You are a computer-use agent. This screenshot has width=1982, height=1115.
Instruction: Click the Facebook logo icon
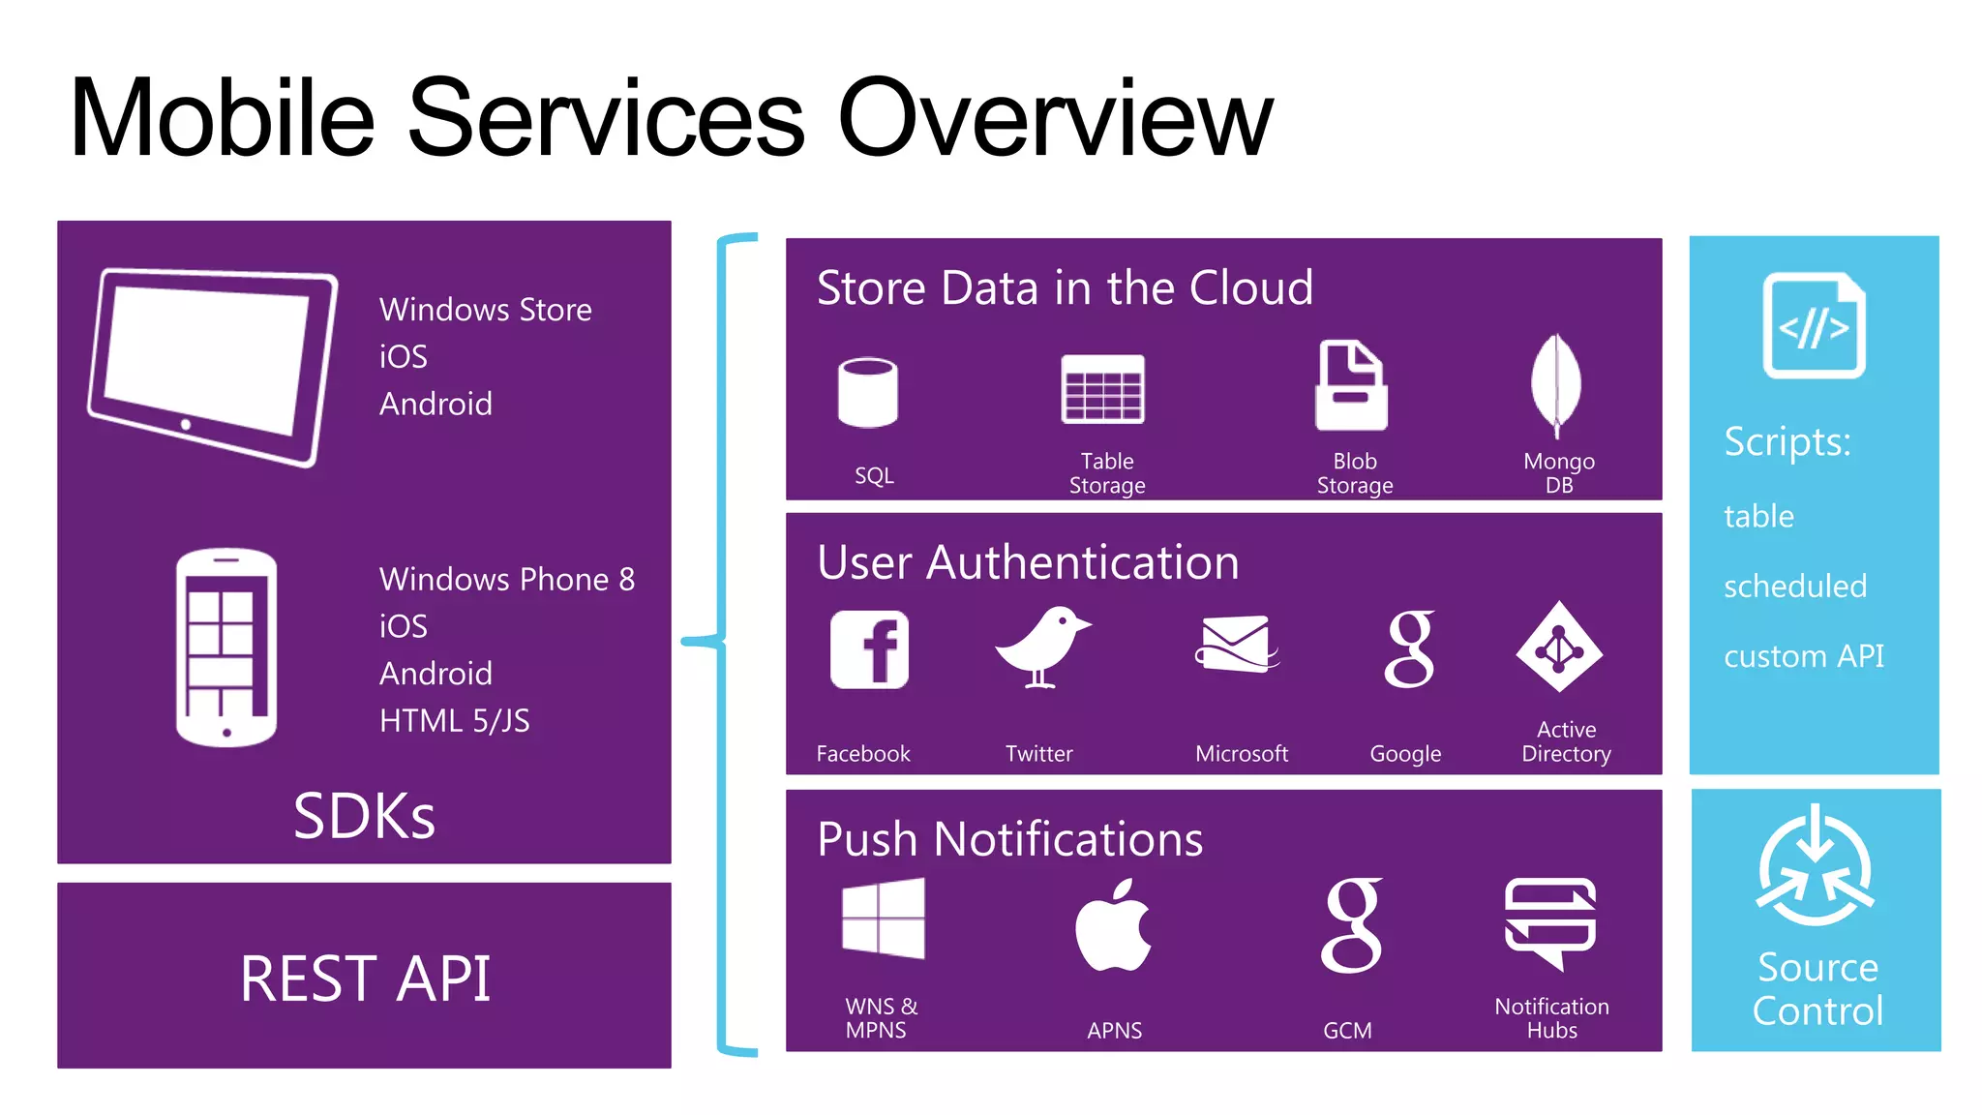click(x=869, y=648)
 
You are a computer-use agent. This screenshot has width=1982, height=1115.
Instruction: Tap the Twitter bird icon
click(x=1041, y=647)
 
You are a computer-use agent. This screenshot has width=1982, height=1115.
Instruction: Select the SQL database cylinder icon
click(x=868, y=392)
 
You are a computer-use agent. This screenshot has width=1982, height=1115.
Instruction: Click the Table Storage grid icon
click(x=1102, y=389)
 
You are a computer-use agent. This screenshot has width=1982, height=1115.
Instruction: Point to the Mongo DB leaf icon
click(x=1556, y=384)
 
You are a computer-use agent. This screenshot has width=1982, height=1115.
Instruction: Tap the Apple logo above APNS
click(x=1113, y=926)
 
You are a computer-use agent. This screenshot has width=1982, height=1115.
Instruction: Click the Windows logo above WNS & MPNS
click(x=883, y=919)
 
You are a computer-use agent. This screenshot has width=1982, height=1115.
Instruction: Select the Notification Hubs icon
click(x=1549, y=921)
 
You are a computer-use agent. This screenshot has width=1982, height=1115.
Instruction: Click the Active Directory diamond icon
click(x=1559, y=648)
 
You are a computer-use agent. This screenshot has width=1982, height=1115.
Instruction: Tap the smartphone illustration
click(x=226, y=647)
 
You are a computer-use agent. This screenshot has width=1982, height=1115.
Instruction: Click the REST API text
click(x=365, y=979)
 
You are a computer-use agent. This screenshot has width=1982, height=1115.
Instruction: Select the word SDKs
click(x=364, y=816)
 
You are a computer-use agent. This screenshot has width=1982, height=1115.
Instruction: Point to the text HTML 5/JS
click(x=454, y=720)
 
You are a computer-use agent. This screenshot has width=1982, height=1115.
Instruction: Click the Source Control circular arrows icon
click(x=1815, y=868)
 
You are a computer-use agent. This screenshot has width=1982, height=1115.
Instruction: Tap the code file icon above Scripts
click(x=1814, y=325)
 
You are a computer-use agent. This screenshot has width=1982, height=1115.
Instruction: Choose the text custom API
click(x=1803, y=656)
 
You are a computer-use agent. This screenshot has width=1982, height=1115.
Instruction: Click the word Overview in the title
click(x=1054, y=118)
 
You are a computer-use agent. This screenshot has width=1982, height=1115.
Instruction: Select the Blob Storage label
click(x=1354, y=473)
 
